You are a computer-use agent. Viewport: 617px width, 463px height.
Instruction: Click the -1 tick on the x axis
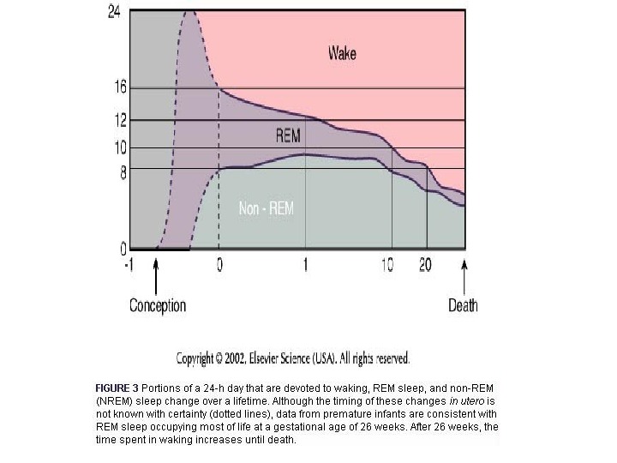[x=129, y=265]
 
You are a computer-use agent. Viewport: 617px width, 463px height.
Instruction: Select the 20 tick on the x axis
[x=425, y=265]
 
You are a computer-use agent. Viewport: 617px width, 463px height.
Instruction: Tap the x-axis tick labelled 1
[x=305, y=265]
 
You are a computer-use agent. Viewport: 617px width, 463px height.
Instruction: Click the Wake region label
[x=342, y=54]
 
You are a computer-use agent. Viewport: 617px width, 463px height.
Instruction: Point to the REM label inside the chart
[x=288, y=135]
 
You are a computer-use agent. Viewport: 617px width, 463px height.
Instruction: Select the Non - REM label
[x=266, y=207]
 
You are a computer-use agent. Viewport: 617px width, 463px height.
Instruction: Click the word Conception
[x=158, y=305]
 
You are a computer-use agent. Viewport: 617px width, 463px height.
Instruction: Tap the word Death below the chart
[x=463, y=305]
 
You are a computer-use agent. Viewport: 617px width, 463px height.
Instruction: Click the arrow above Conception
[x=156, y=276]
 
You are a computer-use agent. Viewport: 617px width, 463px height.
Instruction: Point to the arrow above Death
[x=464, y=276]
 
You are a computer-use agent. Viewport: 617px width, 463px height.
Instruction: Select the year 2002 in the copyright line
[x=249, y=358]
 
